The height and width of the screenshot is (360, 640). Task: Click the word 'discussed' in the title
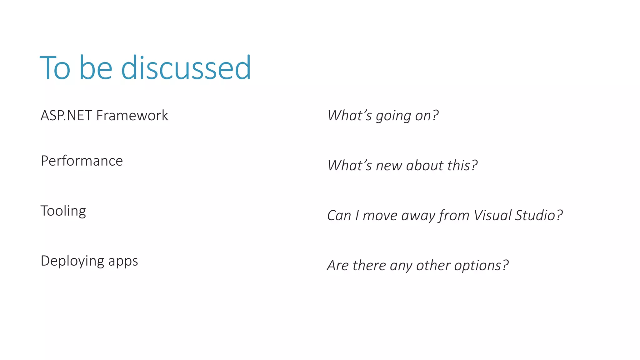[x=186, y=68]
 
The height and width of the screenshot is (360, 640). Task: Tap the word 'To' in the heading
[x=55, y=68]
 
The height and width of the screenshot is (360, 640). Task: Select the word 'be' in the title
[x=96, y=68]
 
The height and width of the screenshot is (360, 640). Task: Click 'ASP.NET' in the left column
[x=66, y=116]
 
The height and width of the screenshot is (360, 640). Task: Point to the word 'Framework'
[x=132, y=116]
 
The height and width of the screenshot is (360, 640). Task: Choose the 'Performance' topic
[x=82, y=161]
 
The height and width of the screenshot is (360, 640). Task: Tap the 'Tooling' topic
[x=63, y=211]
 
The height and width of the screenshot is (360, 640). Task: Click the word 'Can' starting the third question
[x=339, y=216]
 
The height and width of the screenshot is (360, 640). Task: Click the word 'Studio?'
[x=539, y=216]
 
